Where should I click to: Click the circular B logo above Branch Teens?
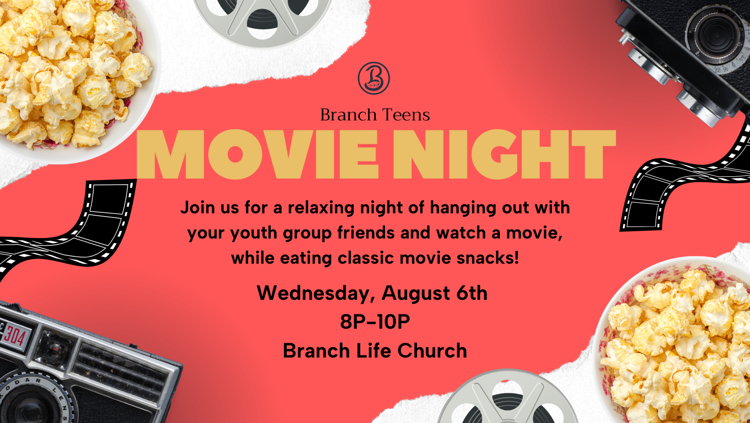coord(374,78)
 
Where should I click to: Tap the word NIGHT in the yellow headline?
coord(504,155)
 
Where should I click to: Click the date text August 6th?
coord(434,293)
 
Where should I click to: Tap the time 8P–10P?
coord(375,322)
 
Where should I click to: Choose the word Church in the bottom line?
coord(432,351)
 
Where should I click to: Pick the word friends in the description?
coord(366,233)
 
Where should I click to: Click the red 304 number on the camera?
coord(14,335)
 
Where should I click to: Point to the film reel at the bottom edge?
coord(507,399)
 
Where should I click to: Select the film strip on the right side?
coord(683,181)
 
